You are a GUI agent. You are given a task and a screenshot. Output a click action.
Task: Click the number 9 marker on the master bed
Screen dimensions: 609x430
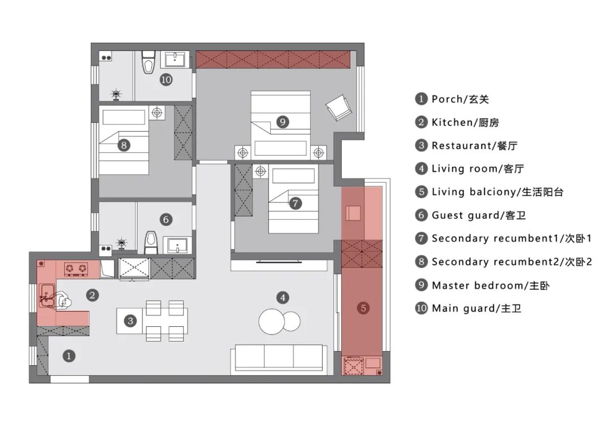283,122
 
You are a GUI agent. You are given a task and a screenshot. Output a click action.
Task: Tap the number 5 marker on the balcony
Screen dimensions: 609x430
363,308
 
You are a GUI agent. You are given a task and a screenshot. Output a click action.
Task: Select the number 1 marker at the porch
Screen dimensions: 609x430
69,356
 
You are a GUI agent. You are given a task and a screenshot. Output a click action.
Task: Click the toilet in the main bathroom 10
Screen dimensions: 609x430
148,62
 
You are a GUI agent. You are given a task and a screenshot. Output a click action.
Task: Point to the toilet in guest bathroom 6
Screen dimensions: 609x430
151,242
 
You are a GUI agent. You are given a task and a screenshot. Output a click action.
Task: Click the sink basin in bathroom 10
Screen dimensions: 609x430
175,60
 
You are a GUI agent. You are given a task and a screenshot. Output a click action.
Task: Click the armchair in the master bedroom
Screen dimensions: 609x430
339,107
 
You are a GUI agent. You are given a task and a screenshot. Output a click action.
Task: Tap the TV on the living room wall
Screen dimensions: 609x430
279,263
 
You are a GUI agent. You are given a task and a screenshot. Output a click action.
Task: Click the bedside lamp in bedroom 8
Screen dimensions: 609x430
157,113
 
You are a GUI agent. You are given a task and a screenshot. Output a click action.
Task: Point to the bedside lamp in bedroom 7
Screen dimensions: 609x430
260,171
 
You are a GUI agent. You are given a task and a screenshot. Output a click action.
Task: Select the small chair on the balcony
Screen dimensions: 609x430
353,213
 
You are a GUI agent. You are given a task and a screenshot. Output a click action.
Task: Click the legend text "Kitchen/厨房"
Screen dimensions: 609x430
465,122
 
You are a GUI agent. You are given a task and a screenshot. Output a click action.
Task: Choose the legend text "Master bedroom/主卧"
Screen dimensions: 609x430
491,285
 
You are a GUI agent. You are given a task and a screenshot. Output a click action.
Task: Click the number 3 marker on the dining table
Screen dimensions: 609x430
130,321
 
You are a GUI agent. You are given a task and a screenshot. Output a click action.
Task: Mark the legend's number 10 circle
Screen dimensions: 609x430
421,308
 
